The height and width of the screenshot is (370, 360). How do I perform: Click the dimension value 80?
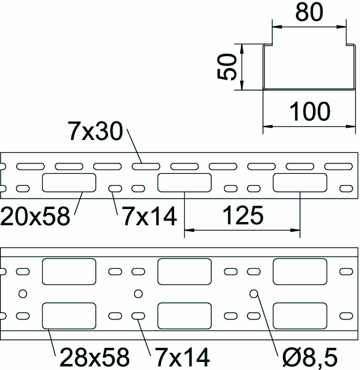pos(309,12)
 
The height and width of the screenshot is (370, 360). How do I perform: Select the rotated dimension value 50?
pos(227,67)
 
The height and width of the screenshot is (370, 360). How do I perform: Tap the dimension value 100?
pos(310,112)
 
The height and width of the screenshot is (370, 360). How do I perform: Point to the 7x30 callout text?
pos(95,131)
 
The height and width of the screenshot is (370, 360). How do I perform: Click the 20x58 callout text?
pos(35,216)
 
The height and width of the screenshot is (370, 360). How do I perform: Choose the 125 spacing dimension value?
pos(243,215)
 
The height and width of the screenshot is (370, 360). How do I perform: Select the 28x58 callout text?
pos(94,357)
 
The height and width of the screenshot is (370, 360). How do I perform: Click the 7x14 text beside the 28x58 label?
pos(182,357)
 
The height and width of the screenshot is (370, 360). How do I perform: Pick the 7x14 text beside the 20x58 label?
pos(149,216)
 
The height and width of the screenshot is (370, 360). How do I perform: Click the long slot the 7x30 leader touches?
pos(146,166)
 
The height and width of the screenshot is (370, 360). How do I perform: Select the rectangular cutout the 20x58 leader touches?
pos(69,183)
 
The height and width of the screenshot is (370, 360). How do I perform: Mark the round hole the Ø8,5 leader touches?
pos(254,294)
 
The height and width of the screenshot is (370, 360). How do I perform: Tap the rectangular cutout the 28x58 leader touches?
pos(69,316)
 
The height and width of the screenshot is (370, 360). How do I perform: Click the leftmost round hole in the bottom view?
pos(23,294)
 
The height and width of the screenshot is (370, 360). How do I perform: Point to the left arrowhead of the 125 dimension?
pos(189,230)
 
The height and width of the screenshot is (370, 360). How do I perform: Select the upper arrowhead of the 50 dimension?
pos(241,49)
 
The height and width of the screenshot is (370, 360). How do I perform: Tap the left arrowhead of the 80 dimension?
pos(277,27)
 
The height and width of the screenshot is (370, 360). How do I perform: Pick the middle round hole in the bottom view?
pos(138,294)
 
